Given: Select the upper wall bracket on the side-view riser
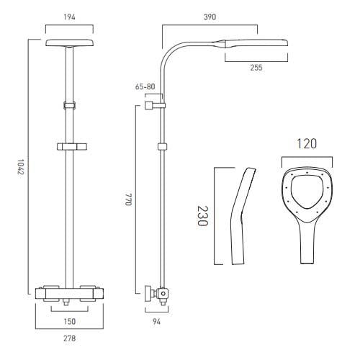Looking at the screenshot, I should point(150,105).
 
